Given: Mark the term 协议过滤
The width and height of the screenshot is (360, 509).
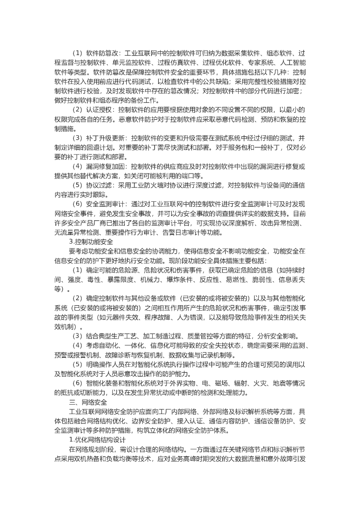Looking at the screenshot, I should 99,185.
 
